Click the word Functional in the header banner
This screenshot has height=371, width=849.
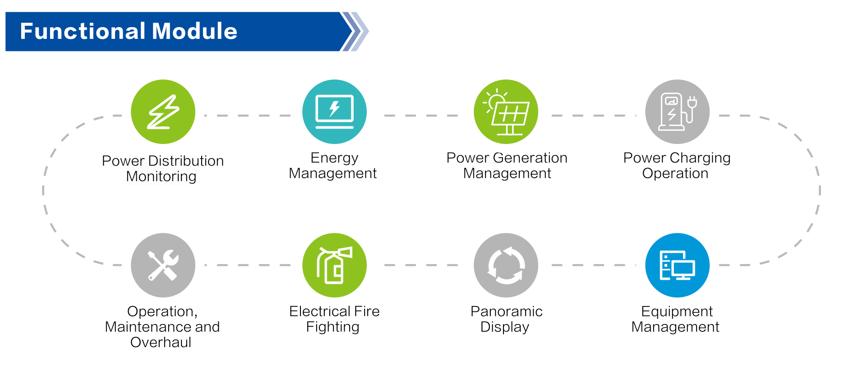(x=83, y=32)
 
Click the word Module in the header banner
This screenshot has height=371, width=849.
(x=194, y=32)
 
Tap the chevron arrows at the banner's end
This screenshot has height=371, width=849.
(x=355, y=32)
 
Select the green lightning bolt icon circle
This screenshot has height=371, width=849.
(x=163, y=112)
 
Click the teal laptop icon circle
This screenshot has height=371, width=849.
(x=334, y=112)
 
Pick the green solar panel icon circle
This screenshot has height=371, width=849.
(x=506, y=112)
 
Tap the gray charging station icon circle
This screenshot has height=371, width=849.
(x=677, y=112)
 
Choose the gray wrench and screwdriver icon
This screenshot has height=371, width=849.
(x=163, y=265)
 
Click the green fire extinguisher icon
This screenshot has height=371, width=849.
(x=334, y=265)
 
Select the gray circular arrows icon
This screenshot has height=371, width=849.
(x=506, y=265)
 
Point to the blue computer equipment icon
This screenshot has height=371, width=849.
(x=677, y=265)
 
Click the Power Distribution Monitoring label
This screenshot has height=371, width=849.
(x=162, y=168)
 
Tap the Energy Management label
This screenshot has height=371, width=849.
(x=333, y=166)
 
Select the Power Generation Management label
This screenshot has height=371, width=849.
(x=507, y=166)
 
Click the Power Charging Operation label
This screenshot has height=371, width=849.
(x=676, y=166)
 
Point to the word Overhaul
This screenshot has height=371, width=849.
(x=161, y=343)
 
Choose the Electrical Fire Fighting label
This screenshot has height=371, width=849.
(x=334, y=319)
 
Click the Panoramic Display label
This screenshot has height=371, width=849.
(x=506, y=319)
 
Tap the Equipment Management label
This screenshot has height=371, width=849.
(x=676, y=319)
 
